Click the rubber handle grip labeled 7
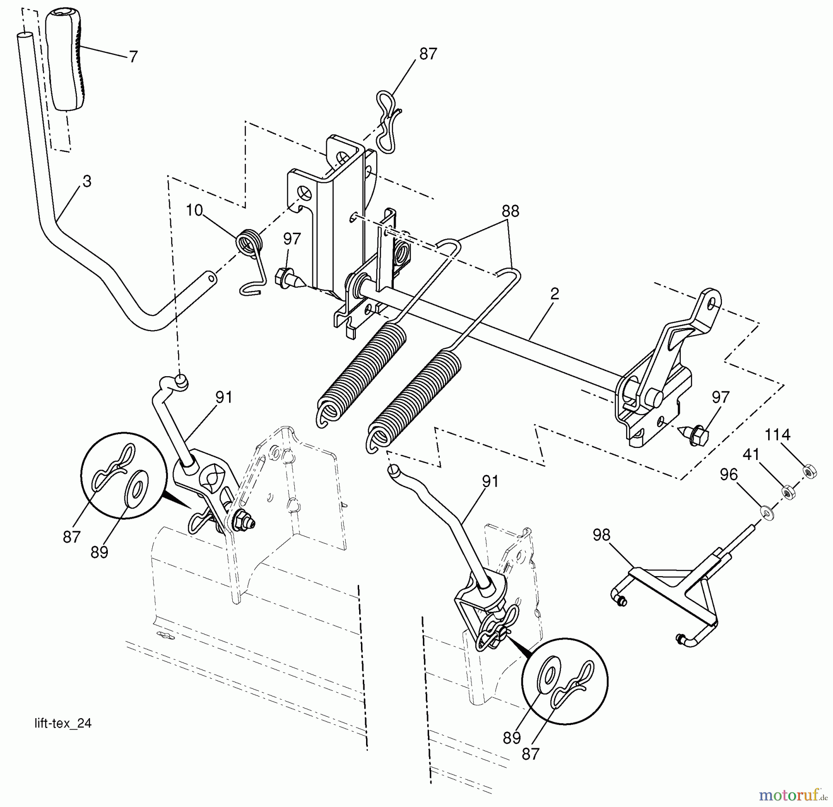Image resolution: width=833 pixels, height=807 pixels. tap(64, 60)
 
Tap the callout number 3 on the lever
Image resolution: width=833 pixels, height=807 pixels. tap(87, 181)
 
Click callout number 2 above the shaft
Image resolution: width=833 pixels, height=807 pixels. tap(554, 293)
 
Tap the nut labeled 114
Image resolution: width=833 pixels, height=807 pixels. tap(810, 472)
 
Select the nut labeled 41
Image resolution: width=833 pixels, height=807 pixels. tap(788, 492)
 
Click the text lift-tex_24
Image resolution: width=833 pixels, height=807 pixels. tap(63, 723)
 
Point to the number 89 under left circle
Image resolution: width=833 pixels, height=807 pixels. tap(99, 552)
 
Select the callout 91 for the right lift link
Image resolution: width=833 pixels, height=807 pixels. tap(490, 482)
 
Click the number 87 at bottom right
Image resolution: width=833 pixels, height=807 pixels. tap(530, 754)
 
